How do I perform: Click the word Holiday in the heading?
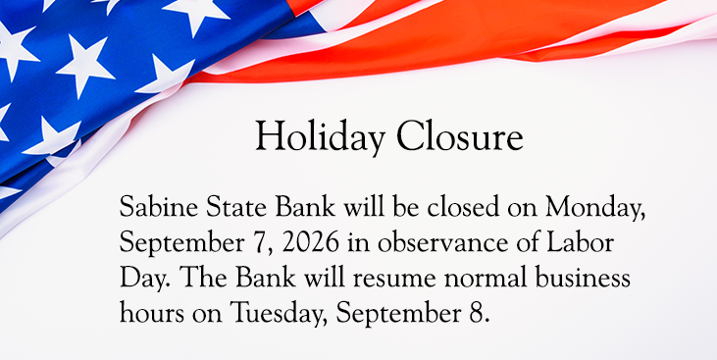click(x=320, y=136)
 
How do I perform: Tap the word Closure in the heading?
click(x=460, y=135)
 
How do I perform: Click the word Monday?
click(x=595, y=208)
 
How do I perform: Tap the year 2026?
click(x=311, y=243)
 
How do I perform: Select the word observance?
click(x=443, y=243)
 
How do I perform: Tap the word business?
click(x=583, y=278)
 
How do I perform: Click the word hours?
click(x=152, y=313)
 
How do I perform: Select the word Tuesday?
click(x=279, y=315)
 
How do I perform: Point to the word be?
click(x=406, y=207)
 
